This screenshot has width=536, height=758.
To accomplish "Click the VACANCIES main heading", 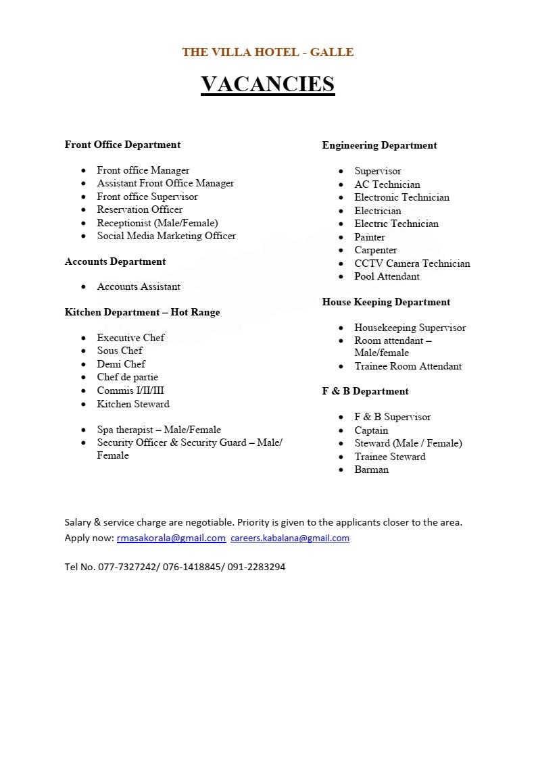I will (x=268, y=84).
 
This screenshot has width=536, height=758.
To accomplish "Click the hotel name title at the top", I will (x=268, y=52).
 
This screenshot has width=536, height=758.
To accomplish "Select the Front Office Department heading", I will (x=122, y=145).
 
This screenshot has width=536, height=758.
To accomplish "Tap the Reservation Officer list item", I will (x=139, y=209).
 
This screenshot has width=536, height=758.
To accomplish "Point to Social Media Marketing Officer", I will (x=166, y=236).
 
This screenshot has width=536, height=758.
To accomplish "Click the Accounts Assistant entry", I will (x=139, y=286).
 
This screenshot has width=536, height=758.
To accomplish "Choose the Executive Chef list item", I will (x=130, y=338).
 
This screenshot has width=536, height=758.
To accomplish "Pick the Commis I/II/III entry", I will (x=130, y=390).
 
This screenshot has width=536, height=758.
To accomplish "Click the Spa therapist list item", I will (x=159, y=430).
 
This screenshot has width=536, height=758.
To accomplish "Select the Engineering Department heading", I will (x=379, y=145).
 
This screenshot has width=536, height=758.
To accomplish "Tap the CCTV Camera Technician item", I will (x=412, y=263).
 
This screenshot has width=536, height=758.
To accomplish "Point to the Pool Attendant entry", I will (x=387, y=276).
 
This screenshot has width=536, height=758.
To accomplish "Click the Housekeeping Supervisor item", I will (x=410, y=328).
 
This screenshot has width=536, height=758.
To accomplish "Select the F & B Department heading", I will (x=365, y=391).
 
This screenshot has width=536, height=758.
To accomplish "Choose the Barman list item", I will (x=371, y=470).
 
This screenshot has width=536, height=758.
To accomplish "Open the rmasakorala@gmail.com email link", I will (x=171, y=538).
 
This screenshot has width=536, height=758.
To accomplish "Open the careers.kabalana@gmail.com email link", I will (x=290, y=538).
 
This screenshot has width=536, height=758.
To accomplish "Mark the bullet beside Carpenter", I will (x=341, y=251).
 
